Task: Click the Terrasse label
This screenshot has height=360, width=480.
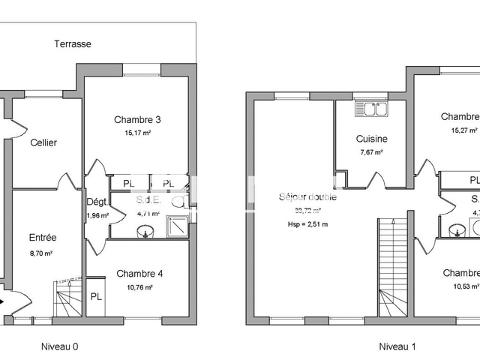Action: coord(73,44)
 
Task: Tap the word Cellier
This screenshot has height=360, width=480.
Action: coord(43,142)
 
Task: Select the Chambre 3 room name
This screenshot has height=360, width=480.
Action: coord(138,120)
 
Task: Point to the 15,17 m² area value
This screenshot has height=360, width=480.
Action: coord(138,133)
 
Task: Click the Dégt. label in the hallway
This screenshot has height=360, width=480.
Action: coord(97,202)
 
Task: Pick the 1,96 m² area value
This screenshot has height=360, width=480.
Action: coord(97,216)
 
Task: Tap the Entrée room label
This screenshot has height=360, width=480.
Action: coord(43,238)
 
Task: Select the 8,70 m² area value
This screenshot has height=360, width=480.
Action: coord(43,253)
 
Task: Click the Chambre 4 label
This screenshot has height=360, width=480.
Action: coord(139,274)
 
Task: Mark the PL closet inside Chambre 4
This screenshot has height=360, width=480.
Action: coord(97,296)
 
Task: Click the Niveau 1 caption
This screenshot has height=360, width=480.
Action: coord(397,346)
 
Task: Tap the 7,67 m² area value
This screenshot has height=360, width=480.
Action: coord(371,152)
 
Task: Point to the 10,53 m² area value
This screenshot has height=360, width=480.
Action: coord(465,286)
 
